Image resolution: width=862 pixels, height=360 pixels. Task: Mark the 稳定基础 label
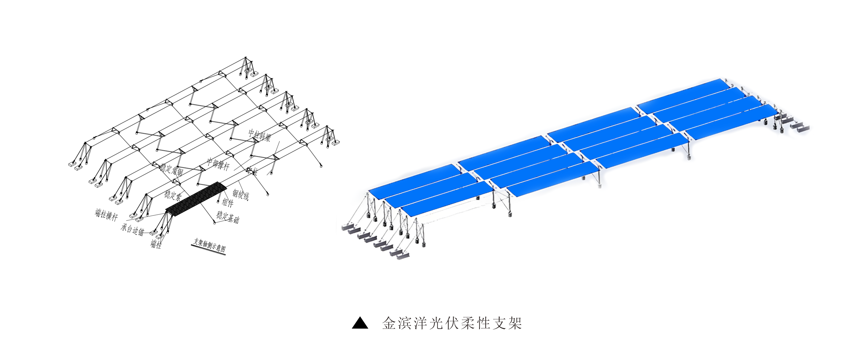coord(228,217)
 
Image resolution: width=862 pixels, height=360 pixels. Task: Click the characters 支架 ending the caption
coord(508,323)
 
